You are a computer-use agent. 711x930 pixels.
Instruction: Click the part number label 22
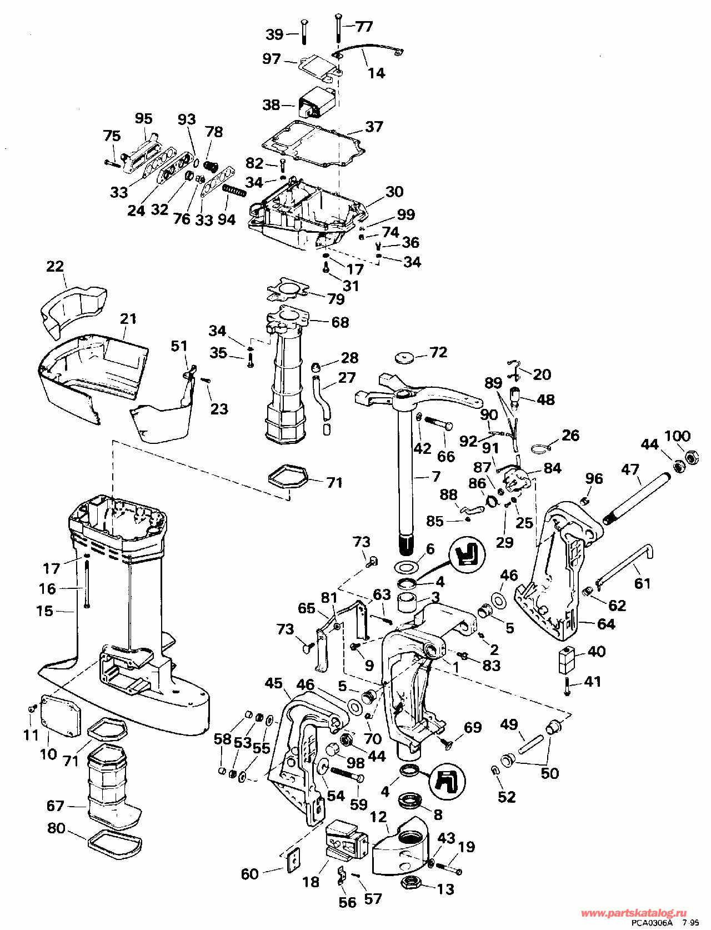pos(55,266)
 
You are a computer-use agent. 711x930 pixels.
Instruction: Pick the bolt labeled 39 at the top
pos(304,32)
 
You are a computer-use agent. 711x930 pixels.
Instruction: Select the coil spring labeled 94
pos(233,193)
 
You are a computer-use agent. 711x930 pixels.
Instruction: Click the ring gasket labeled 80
pos(114,844)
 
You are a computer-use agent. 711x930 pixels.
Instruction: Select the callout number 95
pos(143,119)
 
